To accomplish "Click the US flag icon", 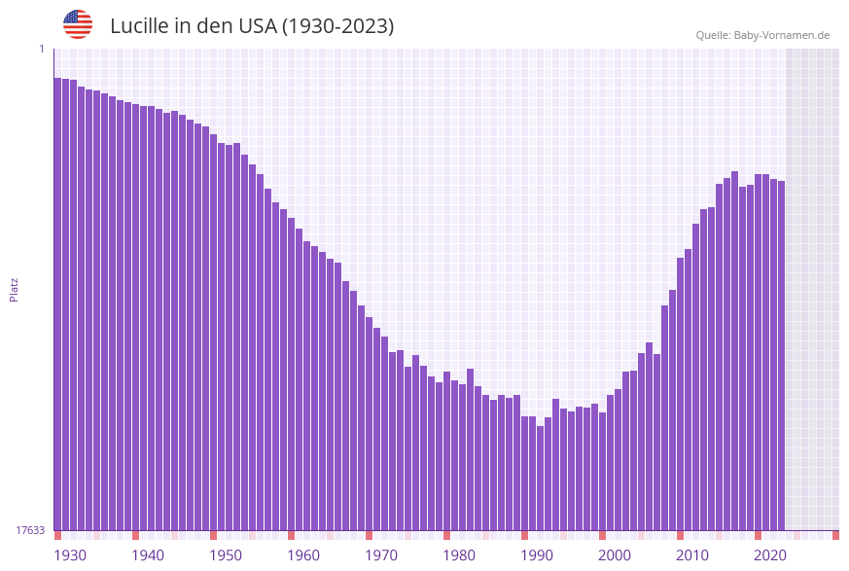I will [x=78, y=24].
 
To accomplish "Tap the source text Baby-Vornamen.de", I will [x=782, y=35].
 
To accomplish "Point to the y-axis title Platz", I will [x=15, y=289].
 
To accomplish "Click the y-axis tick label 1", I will [x=42, y=49].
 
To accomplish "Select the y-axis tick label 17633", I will [x=30, y=530].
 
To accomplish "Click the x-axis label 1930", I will [x=70, y=555].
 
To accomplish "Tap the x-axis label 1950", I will [x=226, y=555].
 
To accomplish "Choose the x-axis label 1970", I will [x=381, y=555].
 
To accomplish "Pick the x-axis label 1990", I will [x=537, y=555].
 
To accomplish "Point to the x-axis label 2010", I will [x=692, y=555].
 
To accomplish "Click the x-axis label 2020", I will [x=770, y=555].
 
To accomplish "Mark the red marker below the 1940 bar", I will [x=135, y=535].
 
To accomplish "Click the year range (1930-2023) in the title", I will [x=338, y=26].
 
